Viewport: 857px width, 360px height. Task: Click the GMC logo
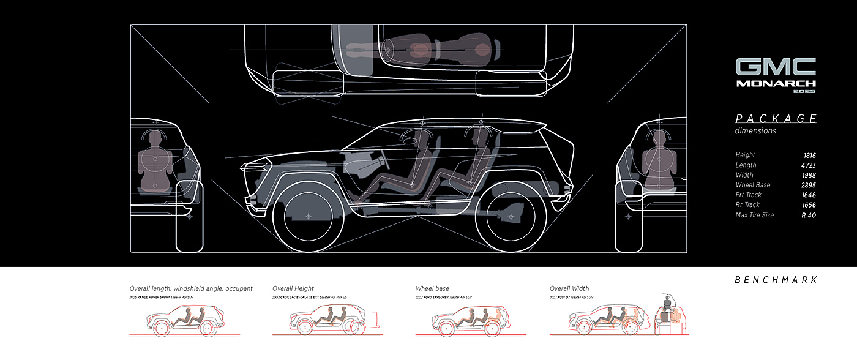(x=775, y=67)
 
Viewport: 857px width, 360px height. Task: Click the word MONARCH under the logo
(x=776, y=83)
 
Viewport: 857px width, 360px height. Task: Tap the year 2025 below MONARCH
(x=804, y=91)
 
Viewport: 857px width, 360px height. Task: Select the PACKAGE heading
(x=776, y=119)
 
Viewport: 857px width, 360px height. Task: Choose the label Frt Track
(x=748, y=195)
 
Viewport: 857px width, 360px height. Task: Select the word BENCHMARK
(x=776, y=280)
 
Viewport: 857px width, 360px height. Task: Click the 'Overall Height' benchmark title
(x=293, y=288)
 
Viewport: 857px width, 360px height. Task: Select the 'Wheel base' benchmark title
(x=432, y=288)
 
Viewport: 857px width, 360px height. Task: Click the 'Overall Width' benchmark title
(x=569, y=288)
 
